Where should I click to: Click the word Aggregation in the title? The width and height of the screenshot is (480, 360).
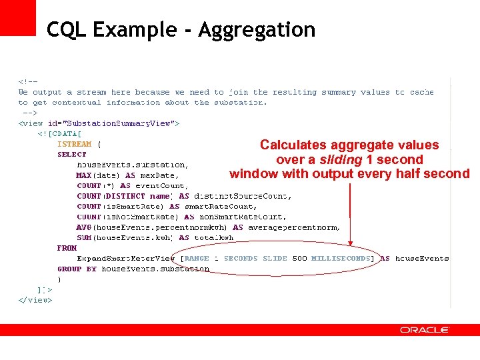pos(257,30)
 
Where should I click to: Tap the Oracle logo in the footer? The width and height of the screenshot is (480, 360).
pos(425,330)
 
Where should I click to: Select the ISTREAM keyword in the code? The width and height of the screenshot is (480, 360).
pos(75,144)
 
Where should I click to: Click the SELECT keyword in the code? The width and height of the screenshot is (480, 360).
pos(72,154)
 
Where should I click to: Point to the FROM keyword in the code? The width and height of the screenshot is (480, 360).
pos(67,248)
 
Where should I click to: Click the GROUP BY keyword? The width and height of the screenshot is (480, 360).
pos(77,269)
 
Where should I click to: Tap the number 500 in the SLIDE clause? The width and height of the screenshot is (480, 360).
pos(299,259)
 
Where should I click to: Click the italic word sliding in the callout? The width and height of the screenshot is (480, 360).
pos(341,160)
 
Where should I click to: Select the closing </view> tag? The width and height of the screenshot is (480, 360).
pos(35,300)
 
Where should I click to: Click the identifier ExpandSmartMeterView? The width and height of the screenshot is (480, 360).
pos(125,259)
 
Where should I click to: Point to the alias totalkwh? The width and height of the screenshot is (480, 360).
pos(214,238)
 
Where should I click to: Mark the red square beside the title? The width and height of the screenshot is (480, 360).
pos(18,17)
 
